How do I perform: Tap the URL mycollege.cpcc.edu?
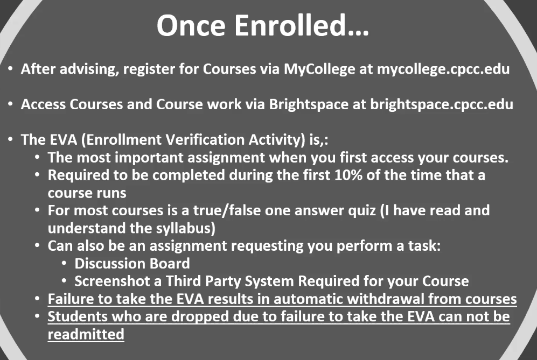443,69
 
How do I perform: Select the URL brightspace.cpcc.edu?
442,104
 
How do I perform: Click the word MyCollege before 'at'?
319,69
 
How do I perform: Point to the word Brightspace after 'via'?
309,104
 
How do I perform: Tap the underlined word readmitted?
86,334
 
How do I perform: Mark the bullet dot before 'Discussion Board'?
64,264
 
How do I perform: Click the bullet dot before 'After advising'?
10,69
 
